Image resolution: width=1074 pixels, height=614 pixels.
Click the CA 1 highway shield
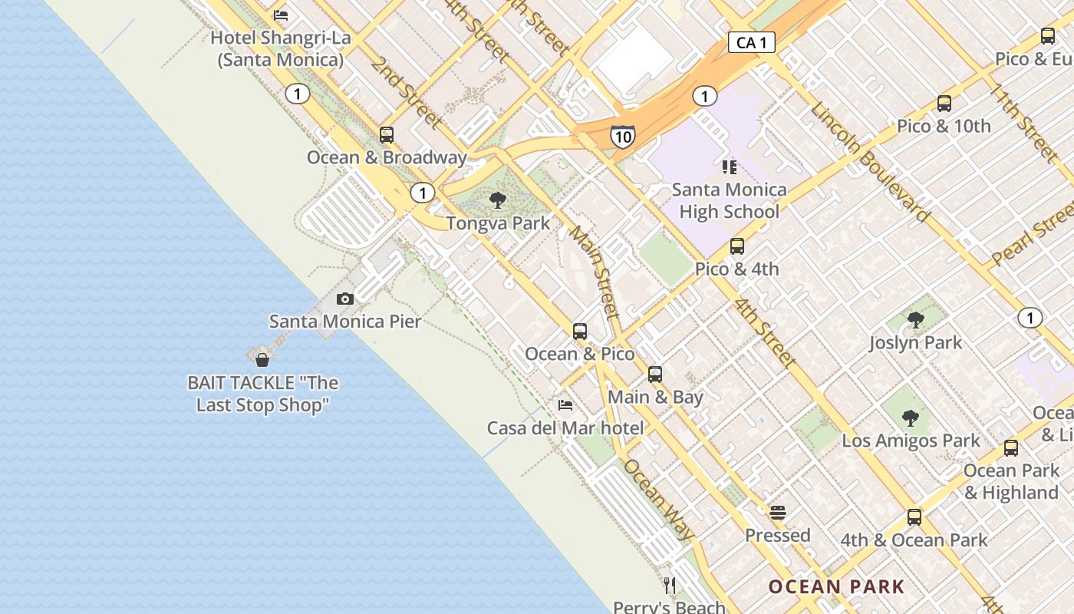[751, 42]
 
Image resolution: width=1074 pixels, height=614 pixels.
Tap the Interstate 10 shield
[623, 137]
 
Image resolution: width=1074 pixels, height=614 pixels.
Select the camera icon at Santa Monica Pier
[345, 299]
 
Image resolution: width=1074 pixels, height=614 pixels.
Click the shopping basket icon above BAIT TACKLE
[262, 359]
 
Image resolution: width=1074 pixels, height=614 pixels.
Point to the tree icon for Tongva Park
[498, 201]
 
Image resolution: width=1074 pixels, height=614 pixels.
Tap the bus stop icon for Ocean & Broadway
[387, 135]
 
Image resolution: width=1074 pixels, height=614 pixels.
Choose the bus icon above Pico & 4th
[737, 246]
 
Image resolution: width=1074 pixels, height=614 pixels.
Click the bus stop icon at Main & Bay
[655, 375]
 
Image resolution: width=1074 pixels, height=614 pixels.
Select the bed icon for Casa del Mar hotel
[565, 404]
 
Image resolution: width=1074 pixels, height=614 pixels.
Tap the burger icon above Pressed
[778, 512]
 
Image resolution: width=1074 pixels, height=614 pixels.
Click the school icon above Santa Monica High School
[729, 167]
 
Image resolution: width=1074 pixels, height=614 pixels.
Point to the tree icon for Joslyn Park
[915, 320]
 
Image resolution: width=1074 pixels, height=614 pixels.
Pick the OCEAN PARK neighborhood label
[836, 587]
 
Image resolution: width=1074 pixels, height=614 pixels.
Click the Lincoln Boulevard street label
[870, 162]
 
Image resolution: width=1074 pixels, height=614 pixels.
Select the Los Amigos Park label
[911, 441]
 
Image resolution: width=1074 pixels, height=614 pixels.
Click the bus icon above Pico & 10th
[944, 104]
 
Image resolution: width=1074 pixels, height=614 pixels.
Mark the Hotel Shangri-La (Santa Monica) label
[280, 48]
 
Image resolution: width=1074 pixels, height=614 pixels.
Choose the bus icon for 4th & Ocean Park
[914, 517]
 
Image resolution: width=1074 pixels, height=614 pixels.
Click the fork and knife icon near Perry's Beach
[670, 586]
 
